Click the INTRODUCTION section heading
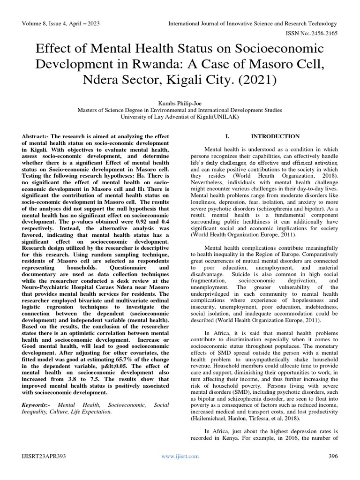click(x=275, y=136)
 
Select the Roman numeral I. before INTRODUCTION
click(x=227, y=136)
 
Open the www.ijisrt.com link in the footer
click(x=180, y=456)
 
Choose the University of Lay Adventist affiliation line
click(x=180, y=117)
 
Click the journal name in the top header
click(x=253, y=23)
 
